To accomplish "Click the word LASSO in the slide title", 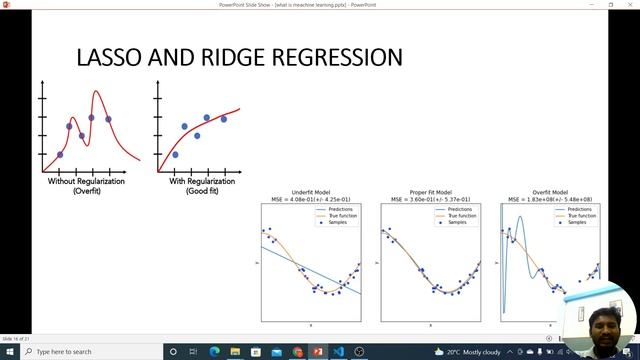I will coord(111,58).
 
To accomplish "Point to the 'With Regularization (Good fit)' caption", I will coord(198,186).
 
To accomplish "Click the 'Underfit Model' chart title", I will coord(311,192).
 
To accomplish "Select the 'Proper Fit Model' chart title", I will coord(430,192).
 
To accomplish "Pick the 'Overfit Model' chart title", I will coord(551,192).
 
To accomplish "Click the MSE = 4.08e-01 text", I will coord(311,199).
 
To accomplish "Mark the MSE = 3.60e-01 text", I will coord(430,199).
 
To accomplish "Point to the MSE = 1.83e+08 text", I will coord(551,199).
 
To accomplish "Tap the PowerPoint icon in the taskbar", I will coord(317,352).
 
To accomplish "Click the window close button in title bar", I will coord(627,5).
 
